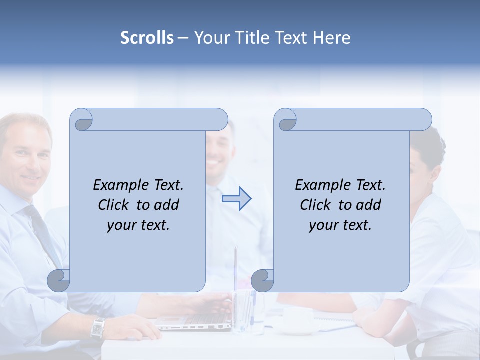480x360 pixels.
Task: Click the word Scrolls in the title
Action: [x=147, y=38]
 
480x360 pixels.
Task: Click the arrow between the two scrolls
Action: [x=237, y=199]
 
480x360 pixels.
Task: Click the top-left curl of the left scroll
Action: [x=81, y=120]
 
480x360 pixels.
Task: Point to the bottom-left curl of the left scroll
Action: [x=59, y=280]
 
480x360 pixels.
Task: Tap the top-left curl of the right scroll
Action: [x=285, y=120]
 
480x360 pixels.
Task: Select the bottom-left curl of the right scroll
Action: [x=262, y=280]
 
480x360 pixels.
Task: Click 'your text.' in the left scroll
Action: [x=138, y=225]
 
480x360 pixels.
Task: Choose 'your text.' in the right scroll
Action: [x=340, y=225]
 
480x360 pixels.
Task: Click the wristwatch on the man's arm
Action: [x=98, y=328]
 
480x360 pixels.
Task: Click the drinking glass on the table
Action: [x=244, y=312]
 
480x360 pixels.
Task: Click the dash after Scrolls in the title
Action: [x=183, y=38]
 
